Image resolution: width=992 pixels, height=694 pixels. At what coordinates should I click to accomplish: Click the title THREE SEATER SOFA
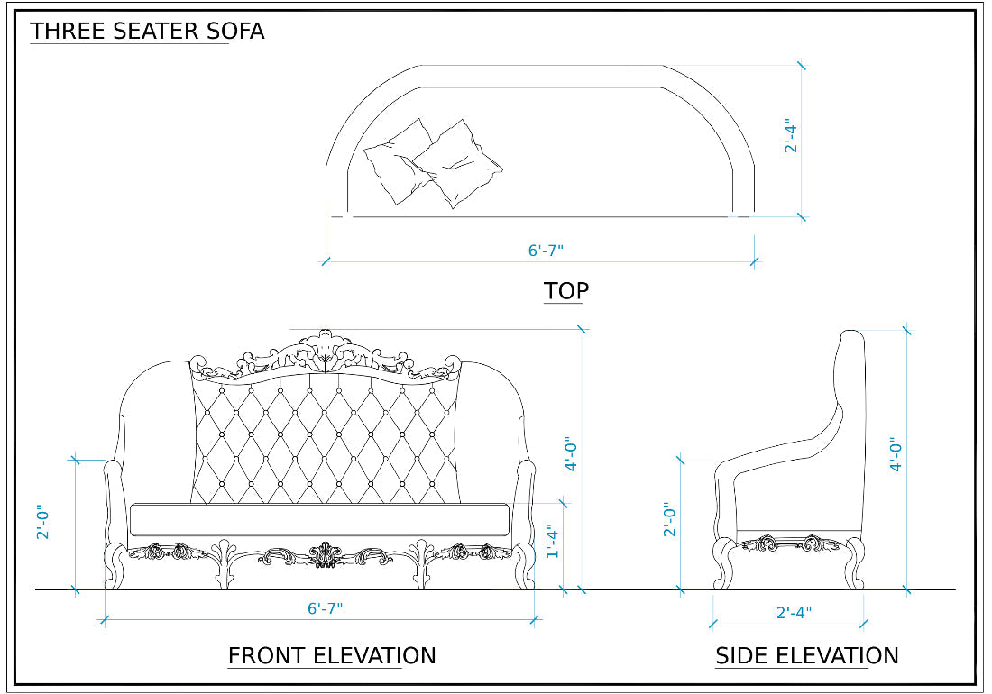click(x=147, y=31)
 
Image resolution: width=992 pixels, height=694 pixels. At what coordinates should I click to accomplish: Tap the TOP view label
click(x=565, y=291)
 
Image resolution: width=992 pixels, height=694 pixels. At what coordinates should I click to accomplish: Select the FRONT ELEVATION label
click(x=331, y=655)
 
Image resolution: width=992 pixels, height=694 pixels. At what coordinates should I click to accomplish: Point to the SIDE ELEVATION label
click(x=806, y=655)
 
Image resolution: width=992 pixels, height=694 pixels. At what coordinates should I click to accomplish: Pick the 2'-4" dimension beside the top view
click(x=792, y=135)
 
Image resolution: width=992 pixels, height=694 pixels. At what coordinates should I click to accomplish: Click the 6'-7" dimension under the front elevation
click(x=325, y=608)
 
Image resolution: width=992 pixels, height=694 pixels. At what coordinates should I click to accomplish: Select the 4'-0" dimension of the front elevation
click(x=571, y=455)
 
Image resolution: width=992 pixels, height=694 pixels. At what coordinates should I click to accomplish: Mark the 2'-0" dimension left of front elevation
click(x=42, y=522)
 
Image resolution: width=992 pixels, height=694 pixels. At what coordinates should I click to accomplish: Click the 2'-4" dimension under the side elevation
click(x=794, y=613)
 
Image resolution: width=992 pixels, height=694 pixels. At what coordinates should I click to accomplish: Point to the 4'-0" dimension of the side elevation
click(x=896, y=455)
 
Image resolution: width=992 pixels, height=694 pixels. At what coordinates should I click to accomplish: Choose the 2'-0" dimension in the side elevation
click(x=669, y=520)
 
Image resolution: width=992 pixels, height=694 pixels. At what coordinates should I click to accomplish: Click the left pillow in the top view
click(x=398, y=160)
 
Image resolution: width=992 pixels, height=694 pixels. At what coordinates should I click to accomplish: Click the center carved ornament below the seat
click(x=323, y=554)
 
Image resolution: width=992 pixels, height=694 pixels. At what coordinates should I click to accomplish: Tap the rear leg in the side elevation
click(x=852, y=563)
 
